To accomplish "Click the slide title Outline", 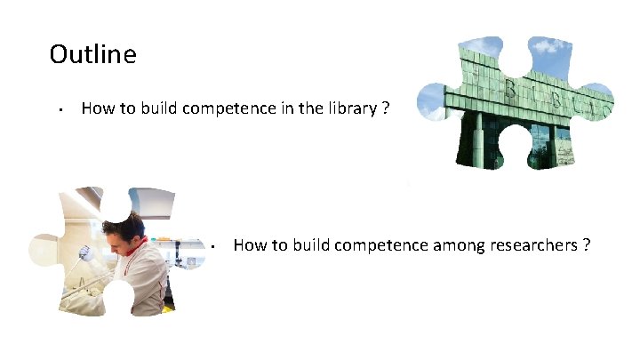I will (x=92, y=55).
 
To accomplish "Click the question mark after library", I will (x=384, y=108).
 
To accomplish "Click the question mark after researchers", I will (x=587, y=244).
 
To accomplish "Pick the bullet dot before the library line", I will (x=57, y=110).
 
